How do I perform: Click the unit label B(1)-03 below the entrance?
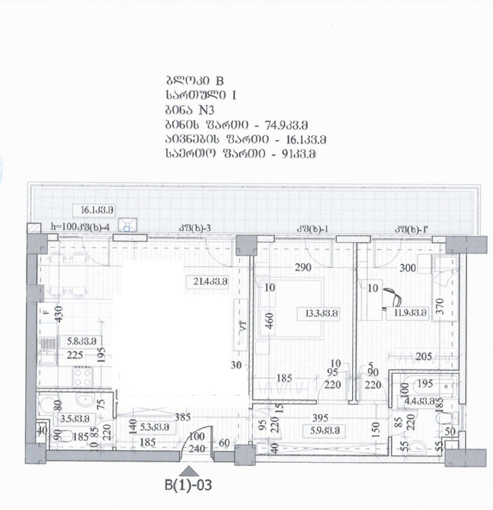(x=189, y=484)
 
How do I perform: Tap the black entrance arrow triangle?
(x=189, y=470)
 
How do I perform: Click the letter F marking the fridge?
(x=46, y=313)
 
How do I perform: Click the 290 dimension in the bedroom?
(x=302, y=268)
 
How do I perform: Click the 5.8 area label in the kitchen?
(x=81, y=341)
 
